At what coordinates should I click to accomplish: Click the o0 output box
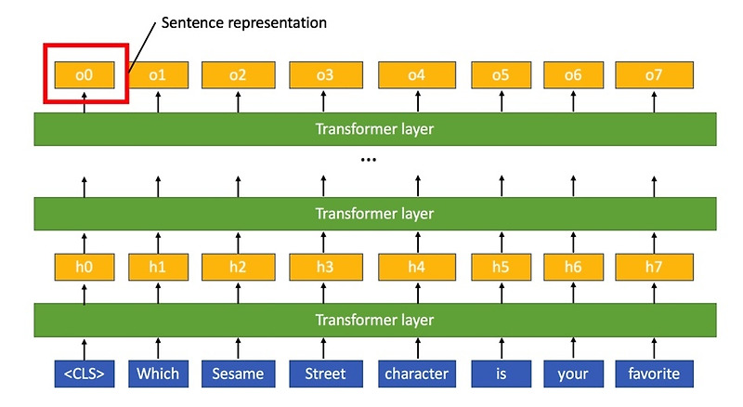click(x=85, y=74)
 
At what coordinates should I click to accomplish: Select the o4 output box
click(x=415, y=74)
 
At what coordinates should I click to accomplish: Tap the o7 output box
click(x=653, y=74)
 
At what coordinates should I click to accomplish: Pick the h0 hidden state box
click(x=85, y=269)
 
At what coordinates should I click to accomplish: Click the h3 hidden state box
click(x=325, y=269)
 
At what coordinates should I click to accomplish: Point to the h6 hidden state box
click(x=572, y=269)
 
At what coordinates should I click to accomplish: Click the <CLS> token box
click(x=85, y=374)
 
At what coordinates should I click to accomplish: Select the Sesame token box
click(x=238, y=374)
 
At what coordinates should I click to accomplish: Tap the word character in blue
click(x=415, y=374)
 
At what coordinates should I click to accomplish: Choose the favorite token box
click(x=653, y=374)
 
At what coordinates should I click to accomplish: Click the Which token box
click(x=158, y=374)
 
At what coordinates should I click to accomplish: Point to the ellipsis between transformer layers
click(x=369, y=160)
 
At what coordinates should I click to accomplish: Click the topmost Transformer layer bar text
click(x=374, y=129)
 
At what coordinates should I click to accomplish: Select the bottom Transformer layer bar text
click(x=374, y=320)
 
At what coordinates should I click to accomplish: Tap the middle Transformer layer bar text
click(x=374, y=214)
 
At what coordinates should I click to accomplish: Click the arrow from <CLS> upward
click(x=85, y=348)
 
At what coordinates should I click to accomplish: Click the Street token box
click(x=325, y=374)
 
